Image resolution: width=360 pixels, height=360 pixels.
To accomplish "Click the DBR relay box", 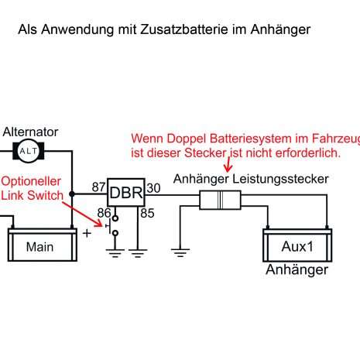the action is point(126,193).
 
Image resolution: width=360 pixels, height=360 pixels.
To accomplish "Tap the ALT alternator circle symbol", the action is point(29,151).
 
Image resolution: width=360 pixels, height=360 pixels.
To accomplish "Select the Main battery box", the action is point(43,245).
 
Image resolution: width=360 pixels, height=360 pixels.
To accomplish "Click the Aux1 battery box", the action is point(297,245).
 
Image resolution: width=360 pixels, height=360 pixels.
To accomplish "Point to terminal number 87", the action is point(98,187).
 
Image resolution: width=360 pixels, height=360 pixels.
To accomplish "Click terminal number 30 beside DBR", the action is point(153,188).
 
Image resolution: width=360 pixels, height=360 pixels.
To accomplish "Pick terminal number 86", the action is point(104,213).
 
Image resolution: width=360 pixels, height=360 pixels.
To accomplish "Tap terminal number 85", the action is point(147,213).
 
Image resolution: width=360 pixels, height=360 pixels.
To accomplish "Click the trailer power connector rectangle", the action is point(220,200).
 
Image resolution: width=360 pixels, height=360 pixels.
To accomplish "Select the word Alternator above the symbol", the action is point(30,132).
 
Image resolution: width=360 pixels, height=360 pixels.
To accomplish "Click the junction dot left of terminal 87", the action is point(72,194).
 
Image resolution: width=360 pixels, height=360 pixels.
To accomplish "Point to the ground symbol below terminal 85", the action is point(138,253).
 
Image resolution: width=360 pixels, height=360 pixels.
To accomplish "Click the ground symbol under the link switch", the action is point(115,253).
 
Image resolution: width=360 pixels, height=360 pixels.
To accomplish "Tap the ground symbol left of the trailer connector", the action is point(180,253).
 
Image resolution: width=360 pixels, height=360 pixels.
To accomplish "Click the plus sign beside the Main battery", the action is point(87,233).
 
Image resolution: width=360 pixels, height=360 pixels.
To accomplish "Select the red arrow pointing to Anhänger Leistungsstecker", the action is point(228,163).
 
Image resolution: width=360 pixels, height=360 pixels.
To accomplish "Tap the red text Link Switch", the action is point(32,195).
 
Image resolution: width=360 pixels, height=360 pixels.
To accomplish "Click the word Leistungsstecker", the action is point(280,180).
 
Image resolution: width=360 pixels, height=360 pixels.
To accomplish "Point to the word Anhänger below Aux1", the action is point(297,270).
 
